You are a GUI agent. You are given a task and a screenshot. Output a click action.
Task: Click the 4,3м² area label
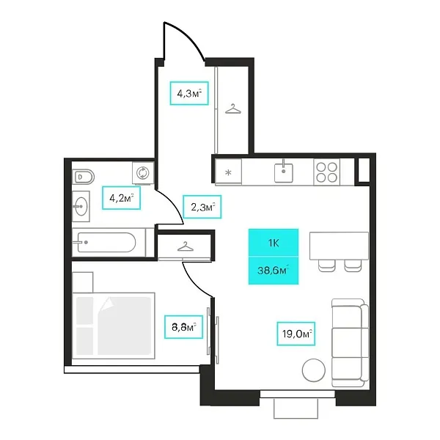pyautogui.click(x=189, y=93)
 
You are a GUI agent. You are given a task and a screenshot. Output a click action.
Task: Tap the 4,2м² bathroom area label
pyautogui.click(x=121, y=198)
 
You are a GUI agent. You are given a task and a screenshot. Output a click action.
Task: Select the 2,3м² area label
pyautogui.click(x=202, y=207)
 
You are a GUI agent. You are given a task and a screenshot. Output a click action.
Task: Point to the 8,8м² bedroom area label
pyautogui.click(x=183, y=326)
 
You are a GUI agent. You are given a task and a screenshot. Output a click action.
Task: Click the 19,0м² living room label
pyautogui.click(x=296, y=334)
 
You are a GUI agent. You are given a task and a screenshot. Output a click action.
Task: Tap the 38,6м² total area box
pyautogui.click(x=274, y=270)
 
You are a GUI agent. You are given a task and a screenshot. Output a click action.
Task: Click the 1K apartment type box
pyautogui.click(x=274, y=243)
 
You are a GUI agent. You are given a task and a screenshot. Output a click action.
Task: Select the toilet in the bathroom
pyautogui.click(x=84, y=177)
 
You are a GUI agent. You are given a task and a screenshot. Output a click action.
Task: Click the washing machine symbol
pyautogui.click(x=143, y=173)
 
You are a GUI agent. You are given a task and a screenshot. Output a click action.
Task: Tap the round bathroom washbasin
pyautogui.click(x=81, y=206)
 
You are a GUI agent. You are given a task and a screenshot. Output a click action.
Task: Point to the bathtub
pyautogui.click(x=106, y=242)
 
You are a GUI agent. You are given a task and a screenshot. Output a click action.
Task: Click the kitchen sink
pyautogui.click(x=283, y=172)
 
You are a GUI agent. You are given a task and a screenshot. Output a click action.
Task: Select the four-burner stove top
pyautogui.click(x=326, y=172)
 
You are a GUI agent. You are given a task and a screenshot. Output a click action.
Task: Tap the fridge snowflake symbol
pyautogui.click(x=228, y=172)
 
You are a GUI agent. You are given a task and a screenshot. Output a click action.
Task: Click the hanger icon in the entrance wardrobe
pyautogui.click(x=233, y=109)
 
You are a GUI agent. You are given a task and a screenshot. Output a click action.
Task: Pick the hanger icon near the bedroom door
pyautogui.click(x=186, y=246)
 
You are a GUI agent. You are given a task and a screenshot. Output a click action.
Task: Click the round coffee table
pyautogui.click(x=314, y=370)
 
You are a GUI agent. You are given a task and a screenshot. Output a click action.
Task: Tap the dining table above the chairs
pyautogui.click(x=339, y=246)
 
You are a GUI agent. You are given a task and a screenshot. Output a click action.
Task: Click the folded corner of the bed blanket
pyautogui.click(x=107, y=304)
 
